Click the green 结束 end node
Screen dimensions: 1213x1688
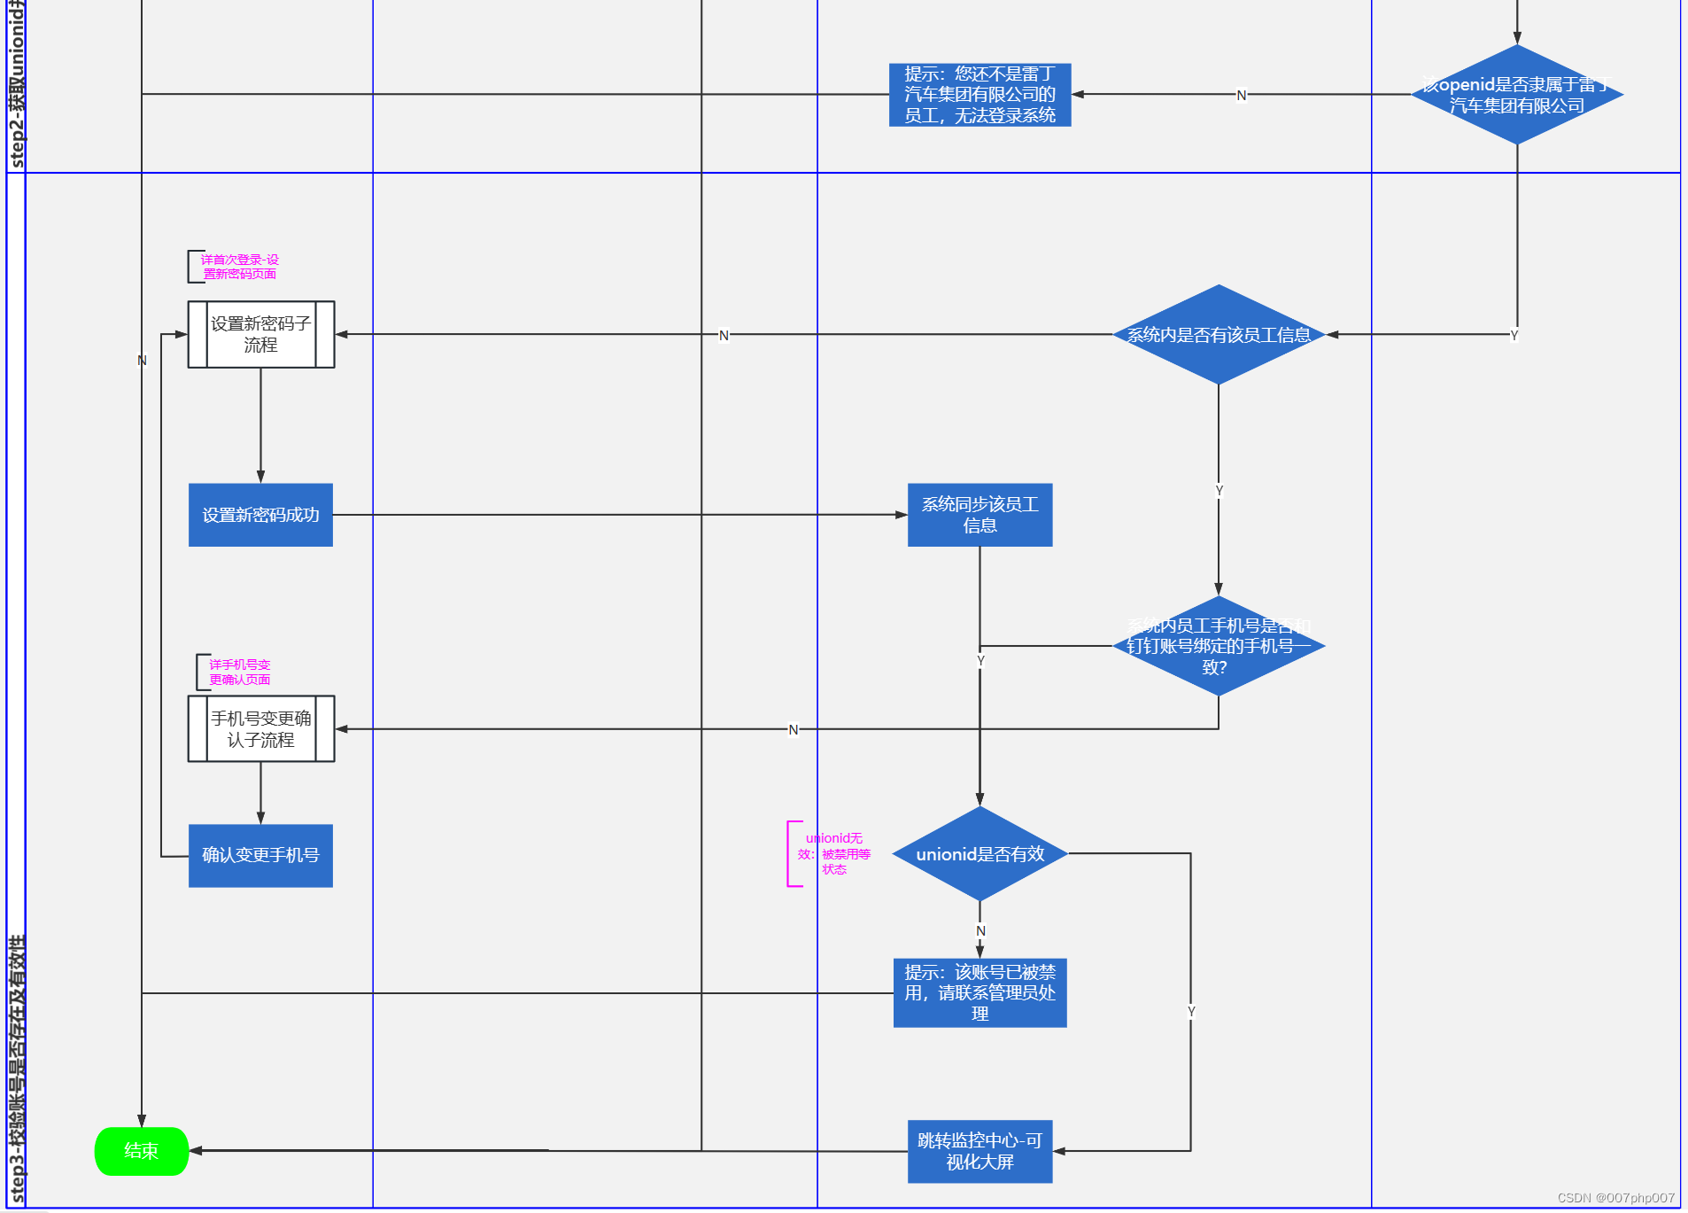[x=141, y=1151]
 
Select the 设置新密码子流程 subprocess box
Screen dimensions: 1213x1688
[x=260, y=334]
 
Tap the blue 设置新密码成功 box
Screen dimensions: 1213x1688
[x=260, y=515]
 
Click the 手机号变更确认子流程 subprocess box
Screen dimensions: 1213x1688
[x=260, y=728]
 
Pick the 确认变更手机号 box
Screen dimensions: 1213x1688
[x=260, y=855]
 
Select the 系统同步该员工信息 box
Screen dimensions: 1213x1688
[x=980, y=515]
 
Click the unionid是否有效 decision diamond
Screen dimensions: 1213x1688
[x=980, y=854]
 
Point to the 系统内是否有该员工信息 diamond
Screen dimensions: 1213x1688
[x=1218, y=334]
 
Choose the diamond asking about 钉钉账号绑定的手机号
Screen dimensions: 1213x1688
[x=1218, y=646]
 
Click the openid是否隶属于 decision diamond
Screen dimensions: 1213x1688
[x=1516, y=95]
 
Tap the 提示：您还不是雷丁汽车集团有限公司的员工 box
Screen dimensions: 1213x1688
[x=980, y=95]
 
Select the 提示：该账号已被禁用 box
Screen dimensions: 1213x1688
[x=980, y=992]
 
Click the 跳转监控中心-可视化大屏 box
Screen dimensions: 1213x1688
[x=980, y=1151]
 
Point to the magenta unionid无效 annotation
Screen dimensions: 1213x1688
[x=833, y=853]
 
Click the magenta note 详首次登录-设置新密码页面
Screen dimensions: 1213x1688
[x=239, y=267]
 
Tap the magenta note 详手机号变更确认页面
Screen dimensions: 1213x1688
[x=239, y=672]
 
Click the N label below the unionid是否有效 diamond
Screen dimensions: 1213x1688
[x=980, y=930]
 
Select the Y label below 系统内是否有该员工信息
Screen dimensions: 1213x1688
[x=1219, y=490]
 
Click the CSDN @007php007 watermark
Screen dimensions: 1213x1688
[x=1615, y=1198]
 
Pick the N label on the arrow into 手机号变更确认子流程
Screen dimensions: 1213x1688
[x=794, y=729]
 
